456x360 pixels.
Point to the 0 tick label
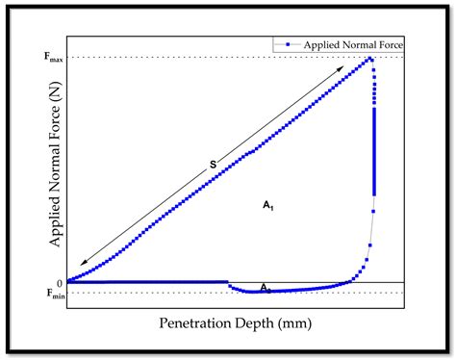tap(59, 282)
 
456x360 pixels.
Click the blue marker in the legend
tap(288, 45)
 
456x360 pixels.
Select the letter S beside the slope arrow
tap(212, 165)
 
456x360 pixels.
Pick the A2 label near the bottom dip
tap(266, 288)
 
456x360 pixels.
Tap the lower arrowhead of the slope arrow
tap(82, 263)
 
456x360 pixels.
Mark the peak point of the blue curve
tap(369, 59)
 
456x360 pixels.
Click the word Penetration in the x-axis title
tap(194, 323)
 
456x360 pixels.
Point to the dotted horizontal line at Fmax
tap(192, 58)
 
